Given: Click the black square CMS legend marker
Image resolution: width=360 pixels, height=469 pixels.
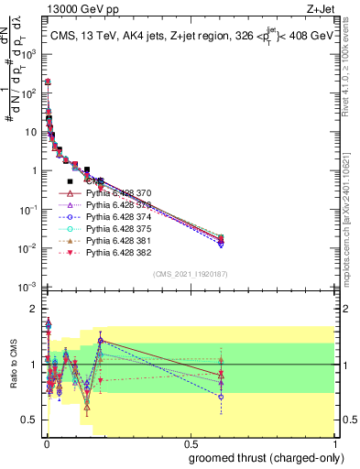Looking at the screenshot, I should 71,182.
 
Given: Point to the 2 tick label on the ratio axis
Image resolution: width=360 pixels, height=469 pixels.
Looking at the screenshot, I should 33,310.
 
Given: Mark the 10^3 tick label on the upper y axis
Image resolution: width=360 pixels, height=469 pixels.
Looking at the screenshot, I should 27,54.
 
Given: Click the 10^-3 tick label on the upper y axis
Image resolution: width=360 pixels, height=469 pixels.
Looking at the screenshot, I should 27,288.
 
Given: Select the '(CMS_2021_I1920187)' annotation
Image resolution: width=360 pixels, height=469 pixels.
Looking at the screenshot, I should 189,274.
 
